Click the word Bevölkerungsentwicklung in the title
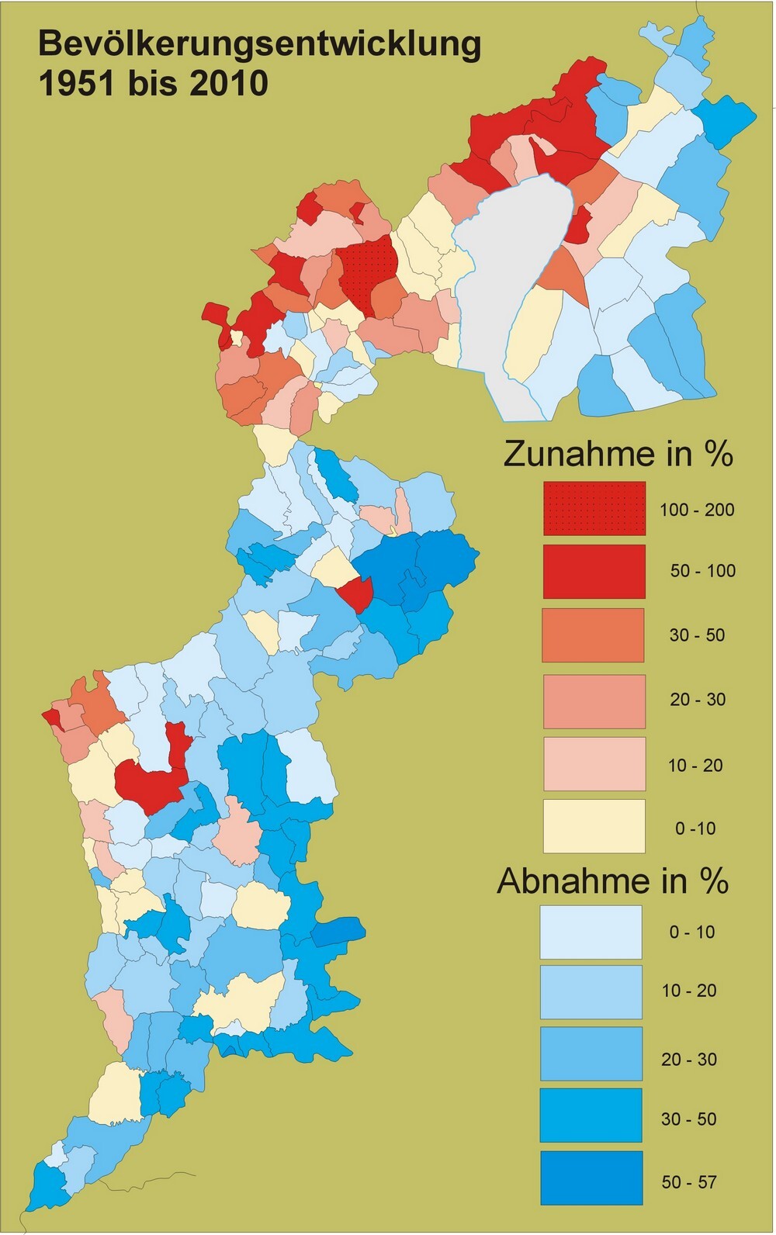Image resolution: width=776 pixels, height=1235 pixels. pyautogui.click(x=259, y=45)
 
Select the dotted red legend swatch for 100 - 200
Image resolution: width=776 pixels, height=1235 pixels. pyautogui.click(x=594, y=508)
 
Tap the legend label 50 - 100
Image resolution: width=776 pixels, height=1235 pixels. pyautogui.click(x=702, y=571)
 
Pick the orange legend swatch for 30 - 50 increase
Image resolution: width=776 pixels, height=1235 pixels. pyautogui.click(x=594, y=635)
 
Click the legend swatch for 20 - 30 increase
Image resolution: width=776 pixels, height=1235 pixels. pyautogui.click(x=594, y=701)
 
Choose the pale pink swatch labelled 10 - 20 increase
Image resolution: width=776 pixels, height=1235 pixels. pyautogui.click(x=594, y=764)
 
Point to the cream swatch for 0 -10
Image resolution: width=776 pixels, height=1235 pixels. pyautogui.click(x=594, y=827)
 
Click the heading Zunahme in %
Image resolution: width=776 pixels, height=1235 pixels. pyautogui.click(x=618, y=454)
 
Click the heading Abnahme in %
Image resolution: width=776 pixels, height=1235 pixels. pyautogui.click(x=612, y=881)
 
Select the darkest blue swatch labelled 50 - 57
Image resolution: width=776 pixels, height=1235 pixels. pyautogui.click(x=591, y=1178)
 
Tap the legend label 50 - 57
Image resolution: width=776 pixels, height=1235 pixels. pyautogui.click(x=688, y=1182)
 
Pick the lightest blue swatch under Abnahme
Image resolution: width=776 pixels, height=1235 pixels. pyautogui.click(x=591, y=932)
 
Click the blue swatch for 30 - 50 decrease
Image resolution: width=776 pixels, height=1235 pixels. pyautogui.click(x=591, y=1116)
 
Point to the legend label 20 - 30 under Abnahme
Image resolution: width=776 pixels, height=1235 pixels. pyautogui.click(x=688, y=1060)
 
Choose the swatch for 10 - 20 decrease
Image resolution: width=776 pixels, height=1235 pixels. pyautogui.click(x=591, y=991)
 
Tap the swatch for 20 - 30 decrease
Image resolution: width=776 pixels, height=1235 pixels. pyautogui.click(x=591, y=1053)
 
